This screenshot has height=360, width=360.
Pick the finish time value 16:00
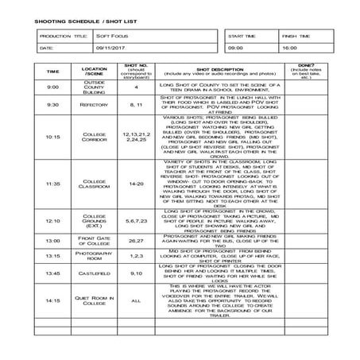[x=289, y=48]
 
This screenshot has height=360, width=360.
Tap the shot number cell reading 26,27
[x=136, y=239]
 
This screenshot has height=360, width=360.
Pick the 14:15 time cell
[x=52, y=301]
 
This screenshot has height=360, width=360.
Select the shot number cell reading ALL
[x=136, y=301]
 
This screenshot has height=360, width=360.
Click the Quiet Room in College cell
[x=94, y=301]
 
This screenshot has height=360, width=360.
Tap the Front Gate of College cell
[x=94, y=239]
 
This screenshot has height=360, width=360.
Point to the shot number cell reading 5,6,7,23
[x=136, y=220]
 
